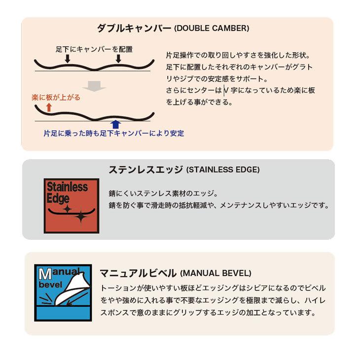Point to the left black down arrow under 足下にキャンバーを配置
68,59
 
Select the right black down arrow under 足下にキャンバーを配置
118,59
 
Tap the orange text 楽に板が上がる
55,98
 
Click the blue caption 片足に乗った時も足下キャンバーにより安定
113,133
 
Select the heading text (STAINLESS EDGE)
223,171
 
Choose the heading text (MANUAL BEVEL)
216,273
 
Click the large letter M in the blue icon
43,273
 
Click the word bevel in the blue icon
51,286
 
